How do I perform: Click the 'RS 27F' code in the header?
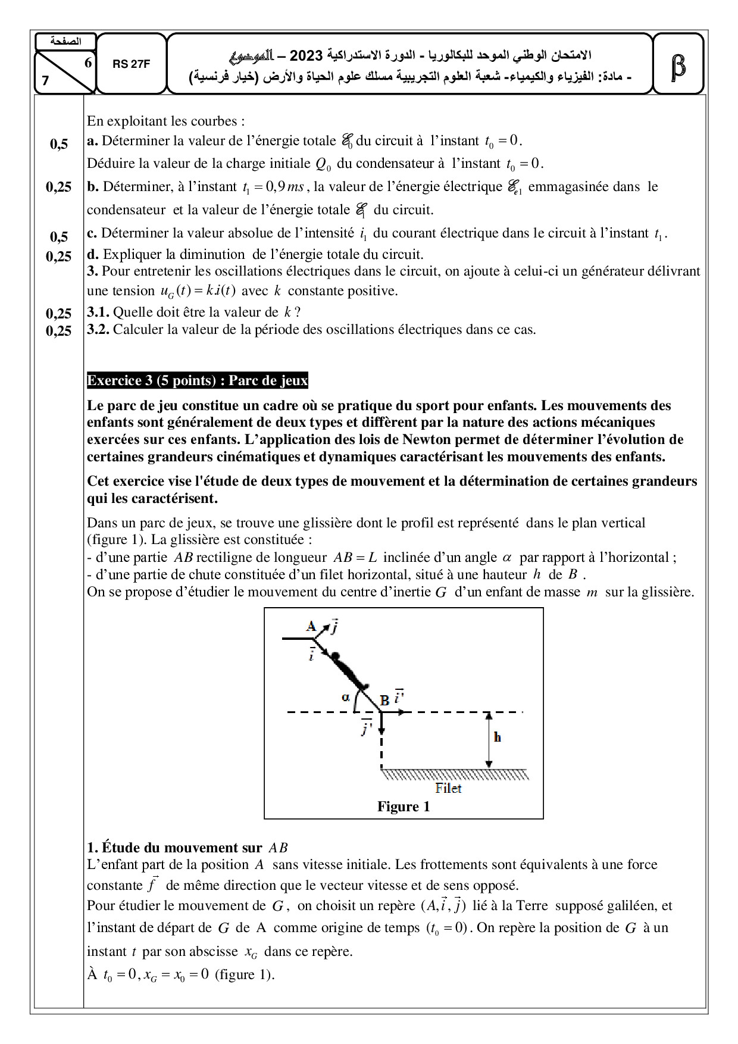click(131, 64)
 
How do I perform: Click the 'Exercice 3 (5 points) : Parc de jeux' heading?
click(197, 381)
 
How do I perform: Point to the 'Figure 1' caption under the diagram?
click(403, 807)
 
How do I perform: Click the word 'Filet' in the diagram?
click(448, 788)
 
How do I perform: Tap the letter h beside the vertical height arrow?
click(498, 737)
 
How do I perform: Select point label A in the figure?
click(311, 626)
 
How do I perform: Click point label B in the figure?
click(384, 701)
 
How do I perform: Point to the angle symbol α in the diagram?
click(346, 698)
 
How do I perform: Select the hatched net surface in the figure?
click(455, 774)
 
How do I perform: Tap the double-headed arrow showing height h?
click(488, 739)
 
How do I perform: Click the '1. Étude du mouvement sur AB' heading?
click(187, 848)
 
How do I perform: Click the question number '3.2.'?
click(98, 330)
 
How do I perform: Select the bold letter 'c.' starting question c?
click(92, 233)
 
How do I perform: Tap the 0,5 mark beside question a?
click(59, 143)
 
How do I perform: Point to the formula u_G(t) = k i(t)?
click(198, 291)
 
